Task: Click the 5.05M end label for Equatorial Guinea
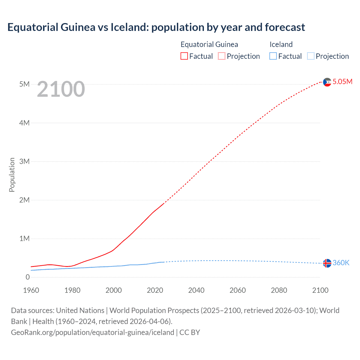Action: pyautogui.click(x=342, y=82)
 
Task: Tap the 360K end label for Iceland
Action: pyautogui.click(x=341, y=263)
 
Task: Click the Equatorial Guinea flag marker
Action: pyautogui.click(x=327, y=82)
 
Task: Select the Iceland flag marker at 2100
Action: pyautogui.click(x=327, y=263)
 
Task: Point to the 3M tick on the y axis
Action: pyautogui.click(x=24, y=161)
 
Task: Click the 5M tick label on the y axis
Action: pyautogui.click(x=24, y=84)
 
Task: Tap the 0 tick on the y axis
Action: pyautogui.click(x=28, y=277)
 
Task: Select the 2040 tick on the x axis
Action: pyautogui.click(x=196, y=290)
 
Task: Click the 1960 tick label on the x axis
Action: pyautogui.click(x=31, y=290)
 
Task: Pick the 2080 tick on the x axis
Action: pyautogui.click(x=279, y=290)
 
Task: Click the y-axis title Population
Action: pyautogui.click(x=12, y=175)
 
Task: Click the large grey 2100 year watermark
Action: pyautogui.click(x=61, y=89)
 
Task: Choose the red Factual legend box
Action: pyautogui.click(x=184, y=56)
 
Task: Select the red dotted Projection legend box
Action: pyautogui.click(x=222, y=56)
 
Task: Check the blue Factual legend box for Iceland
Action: pyautogui.click(x=273, y=56)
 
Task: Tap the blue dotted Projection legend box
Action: pyautogui.click(x=311, y=56)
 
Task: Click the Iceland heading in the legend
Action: pyautogui.click(x=281, y=44)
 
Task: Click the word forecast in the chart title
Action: pyautogui.click(x=285, y=27)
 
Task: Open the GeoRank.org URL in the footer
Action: pyautogui.click(x=93, y=332)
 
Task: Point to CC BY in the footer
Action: pyautogui.click(x=190, y=332)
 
